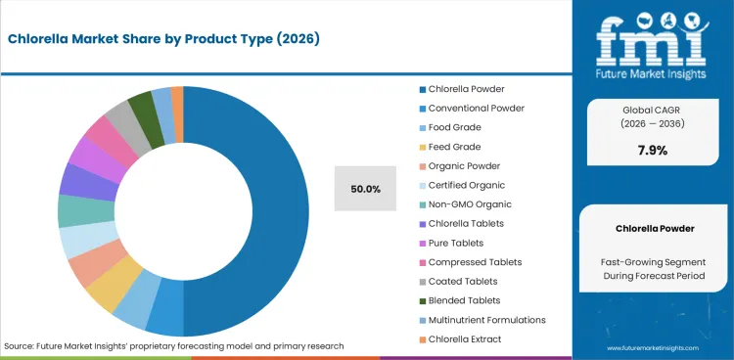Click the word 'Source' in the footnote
tap(19, 346)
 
